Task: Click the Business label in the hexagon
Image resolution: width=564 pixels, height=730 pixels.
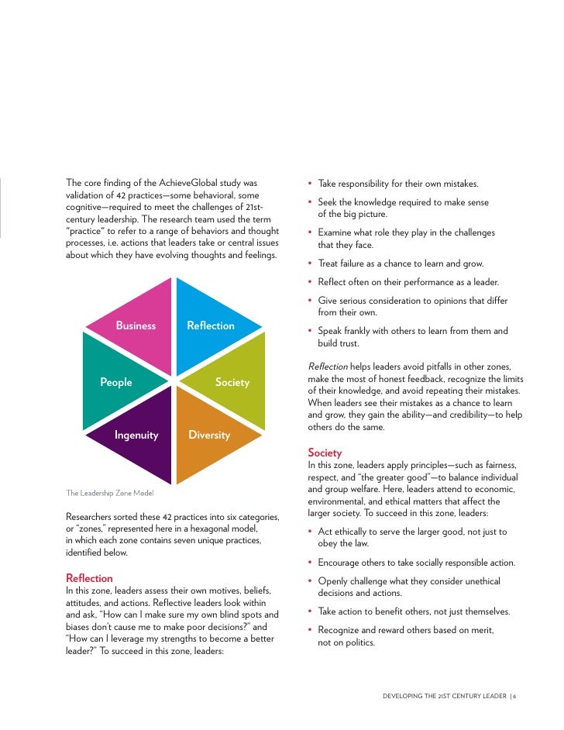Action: click(136, 325)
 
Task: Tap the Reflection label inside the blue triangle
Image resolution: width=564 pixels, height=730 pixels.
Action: click(211, 325)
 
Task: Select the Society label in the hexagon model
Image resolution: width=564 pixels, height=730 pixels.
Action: click(232, 382)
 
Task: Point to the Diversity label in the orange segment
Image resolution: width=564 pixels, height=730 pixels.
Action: click(209, 435)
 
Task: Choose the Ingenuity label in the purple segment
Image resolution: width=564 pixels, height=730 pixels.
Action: click(136, 435)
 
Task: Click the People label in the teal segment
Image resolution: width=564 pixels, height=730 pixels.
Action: click(116, 382)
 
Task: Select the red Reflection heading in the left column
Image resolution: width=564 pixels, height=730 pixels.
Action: click(90, 578)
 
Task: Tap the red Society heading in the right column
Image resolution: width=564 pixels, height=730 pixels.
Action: click(325, 453)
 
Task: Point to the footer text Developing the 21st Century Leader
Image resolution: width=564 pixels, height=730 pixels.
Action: click(444, 696)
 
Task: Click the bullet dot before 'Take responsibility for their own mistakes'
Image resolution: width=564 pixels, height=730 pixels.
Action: click(310, 184)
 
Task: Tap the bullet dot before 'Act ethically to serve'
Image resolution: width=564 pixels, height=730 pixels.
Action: click(310, 532)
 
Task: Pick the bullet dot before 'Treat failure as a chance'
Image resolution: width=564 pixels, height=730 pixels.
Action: click(310, 263)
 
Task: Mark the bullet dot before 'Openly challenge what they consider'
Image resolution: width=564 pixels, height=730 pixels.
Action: click(310, 581)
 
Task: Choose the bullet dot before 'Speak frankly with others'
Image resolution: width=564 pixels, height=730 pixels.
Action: click(310, 332)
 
